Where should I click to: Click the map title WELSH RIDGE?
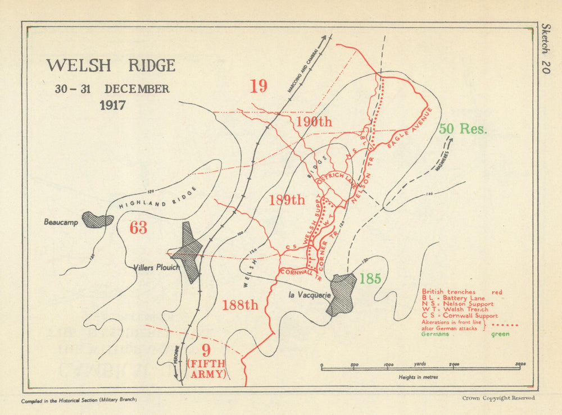pyautogui.click(x=111, y=66)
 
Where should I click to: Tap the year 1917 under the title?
pyautogui.click(x=112, y=105)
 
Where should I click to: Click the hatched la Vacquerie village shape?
pyautogui.click(x=342, y=294)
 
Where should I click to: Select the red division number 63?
pyautogui.click(x=138, y=227)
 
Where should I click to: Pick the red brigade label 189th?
pyautogui.click(x=287, y=199)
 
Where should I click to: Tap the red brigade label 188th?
pyautogui.click(x=240, y=305)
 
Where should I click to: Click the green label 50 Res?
pyautogui.click(x=463, y=128)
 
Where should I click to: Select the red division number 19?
pyautogui.click(x=259, y=86)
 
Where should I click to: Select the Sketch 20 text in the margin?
pyautogui.click(x=546, y=48)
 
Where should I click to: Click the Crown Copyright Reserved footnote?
pyautogui.click(x=498, y=398)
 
